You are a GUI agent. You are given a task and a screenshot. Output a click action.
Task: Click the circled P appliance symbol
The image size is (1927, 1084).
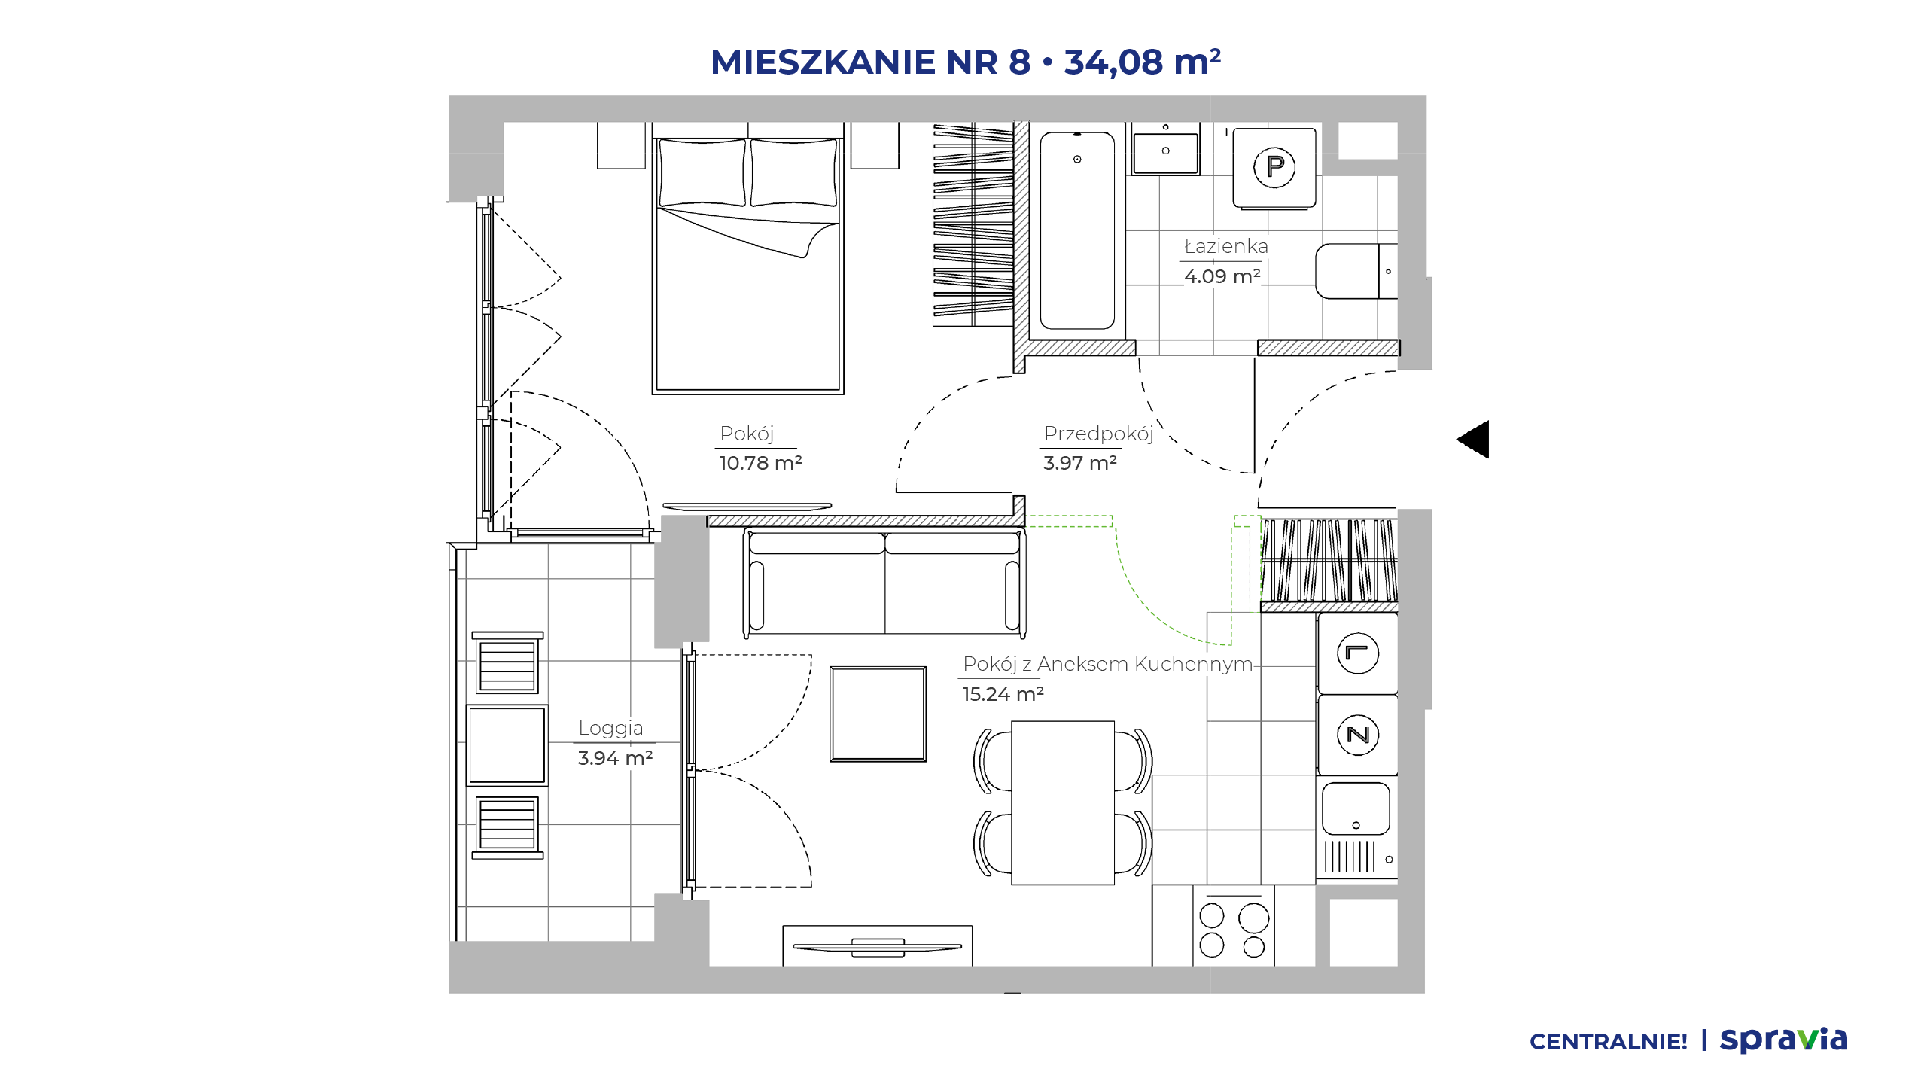[1274, 166]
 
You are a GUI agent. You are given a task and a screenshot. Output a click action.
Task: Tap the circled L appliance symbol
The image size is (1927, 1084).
[1358, 653]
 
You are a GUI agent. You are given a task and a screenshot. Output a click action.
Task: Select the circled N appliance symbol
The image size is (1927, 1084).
[1358, 735]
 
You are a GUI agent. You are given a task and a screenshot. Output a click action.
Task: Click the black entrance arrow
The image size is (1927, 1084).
[1473, 440]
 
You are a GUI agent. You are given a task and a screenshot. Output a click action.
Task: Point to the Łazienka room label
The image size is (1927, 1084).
[1226, 246]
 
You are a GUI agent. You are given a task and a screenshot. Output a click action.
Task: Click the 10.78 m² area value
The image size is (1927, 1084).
[760, 463]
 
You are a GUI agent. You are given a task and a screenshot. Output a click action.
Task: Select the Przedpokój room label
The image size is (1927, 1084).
[1099, 434]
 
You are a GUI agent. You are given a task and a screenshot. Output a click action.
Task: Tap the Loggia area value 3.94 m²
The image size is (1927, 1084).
[615, 758]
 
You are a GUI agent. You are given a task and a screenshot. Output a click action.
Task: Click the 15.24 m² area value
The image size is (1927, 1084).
[1003, 694]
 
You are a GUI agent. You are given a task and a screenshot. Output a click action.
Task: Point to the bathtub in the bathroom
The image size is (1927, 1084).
[1077, 231]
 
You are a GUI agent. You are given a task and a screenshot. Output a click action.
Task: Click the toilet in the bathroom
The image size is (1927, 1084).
[1356, 271]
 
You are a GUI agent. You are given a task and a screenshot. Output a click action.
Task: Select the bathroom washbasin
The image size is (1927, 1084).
[1166, 154]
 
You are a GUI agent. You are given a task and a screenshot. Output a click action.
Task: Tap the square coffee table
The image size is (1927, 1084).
[878, 714]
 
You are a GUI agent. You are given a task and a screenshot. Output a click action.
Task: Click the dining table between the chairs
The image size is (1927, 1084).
[1063, 802]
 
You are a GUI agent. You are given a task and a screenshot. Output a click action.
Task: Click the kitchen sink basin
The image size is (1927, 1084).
[1356, 808]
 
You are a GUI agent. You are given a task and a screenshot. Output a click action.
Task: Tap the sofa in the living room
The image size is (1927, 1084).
[884, 583]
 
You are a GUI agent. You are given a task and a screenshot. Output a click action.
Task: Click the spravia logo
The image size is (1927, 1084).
[1784, 1040]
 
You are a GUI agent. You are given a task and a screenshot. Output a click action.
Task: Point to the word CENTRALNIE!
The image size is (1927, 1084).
[1609, 1042]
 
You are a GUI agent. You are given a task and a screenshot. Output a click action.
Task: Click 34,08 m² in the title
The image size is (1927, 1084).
[1143, 62]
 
